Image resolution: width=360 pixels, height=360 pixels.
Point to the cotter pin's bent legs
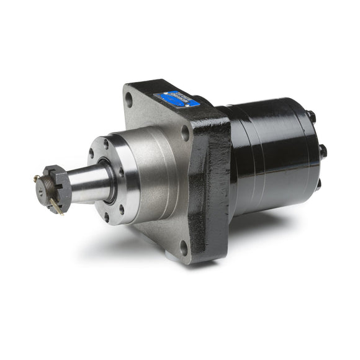coord(56,207)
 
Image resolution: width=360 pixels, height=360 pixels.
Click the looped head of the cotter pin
coord(37,179)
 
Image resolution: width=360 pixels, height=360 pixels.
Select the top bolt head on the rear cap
coord(310,116)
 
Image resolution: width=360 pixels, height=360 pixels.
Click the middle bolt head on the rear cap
coord(322,150)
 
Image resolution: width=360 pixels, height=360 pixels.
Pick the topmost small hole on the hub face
coord(106,143)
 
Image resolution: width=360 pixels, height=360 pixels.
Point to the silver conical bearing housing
coord(149,174)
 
